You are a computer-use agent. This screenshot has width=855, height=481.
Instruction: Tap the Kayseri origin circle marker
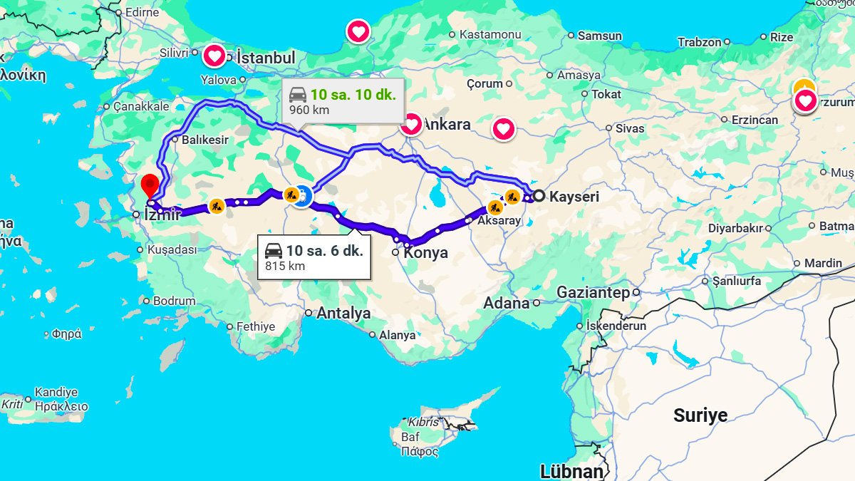[539, 196]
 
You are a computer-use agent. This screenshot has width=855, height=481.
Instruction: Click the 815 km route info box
[314, 257]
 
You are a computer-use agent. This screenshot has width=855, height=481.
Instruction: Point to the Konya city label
[425, 253]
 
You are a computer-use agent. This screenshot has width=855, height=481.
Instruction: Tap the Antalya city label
[343, 313]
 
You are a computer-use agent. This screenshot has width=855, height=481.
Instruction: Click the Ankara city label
[447, 125]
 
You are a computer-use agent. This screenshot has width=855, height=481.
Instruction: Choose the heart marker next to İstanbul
[214, 56]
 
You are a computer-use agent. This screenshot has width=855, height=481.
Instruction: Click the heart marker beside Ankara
[411, 125]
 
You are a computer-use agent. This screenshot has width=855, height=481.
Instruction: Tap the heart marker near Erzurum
[805, 102]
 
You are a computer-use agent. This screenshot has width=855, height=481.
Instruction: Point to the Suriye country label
[700, 415]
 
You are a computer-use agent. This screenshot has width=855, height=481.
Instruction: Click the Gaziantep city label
[593, 292]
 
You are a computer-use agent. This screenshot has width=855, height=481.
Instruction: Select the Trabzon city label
[699, 42]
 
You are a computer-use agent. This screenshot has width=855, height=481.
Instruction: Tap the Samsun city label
[599, 36]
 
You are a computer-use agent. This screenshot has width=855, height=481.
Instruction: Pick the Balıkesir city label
[205, 140]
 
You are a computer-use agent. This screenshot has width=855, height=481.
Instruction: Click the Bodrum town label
[174, 301]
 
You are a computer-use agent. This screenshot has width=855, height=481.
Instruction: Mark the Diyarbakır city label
[735, 229]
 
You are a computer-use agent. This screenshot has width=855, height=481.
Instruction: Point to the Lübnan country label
[571, 471]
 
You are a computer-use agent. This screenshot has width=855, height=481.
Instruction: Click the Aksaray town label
[499, 222]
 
